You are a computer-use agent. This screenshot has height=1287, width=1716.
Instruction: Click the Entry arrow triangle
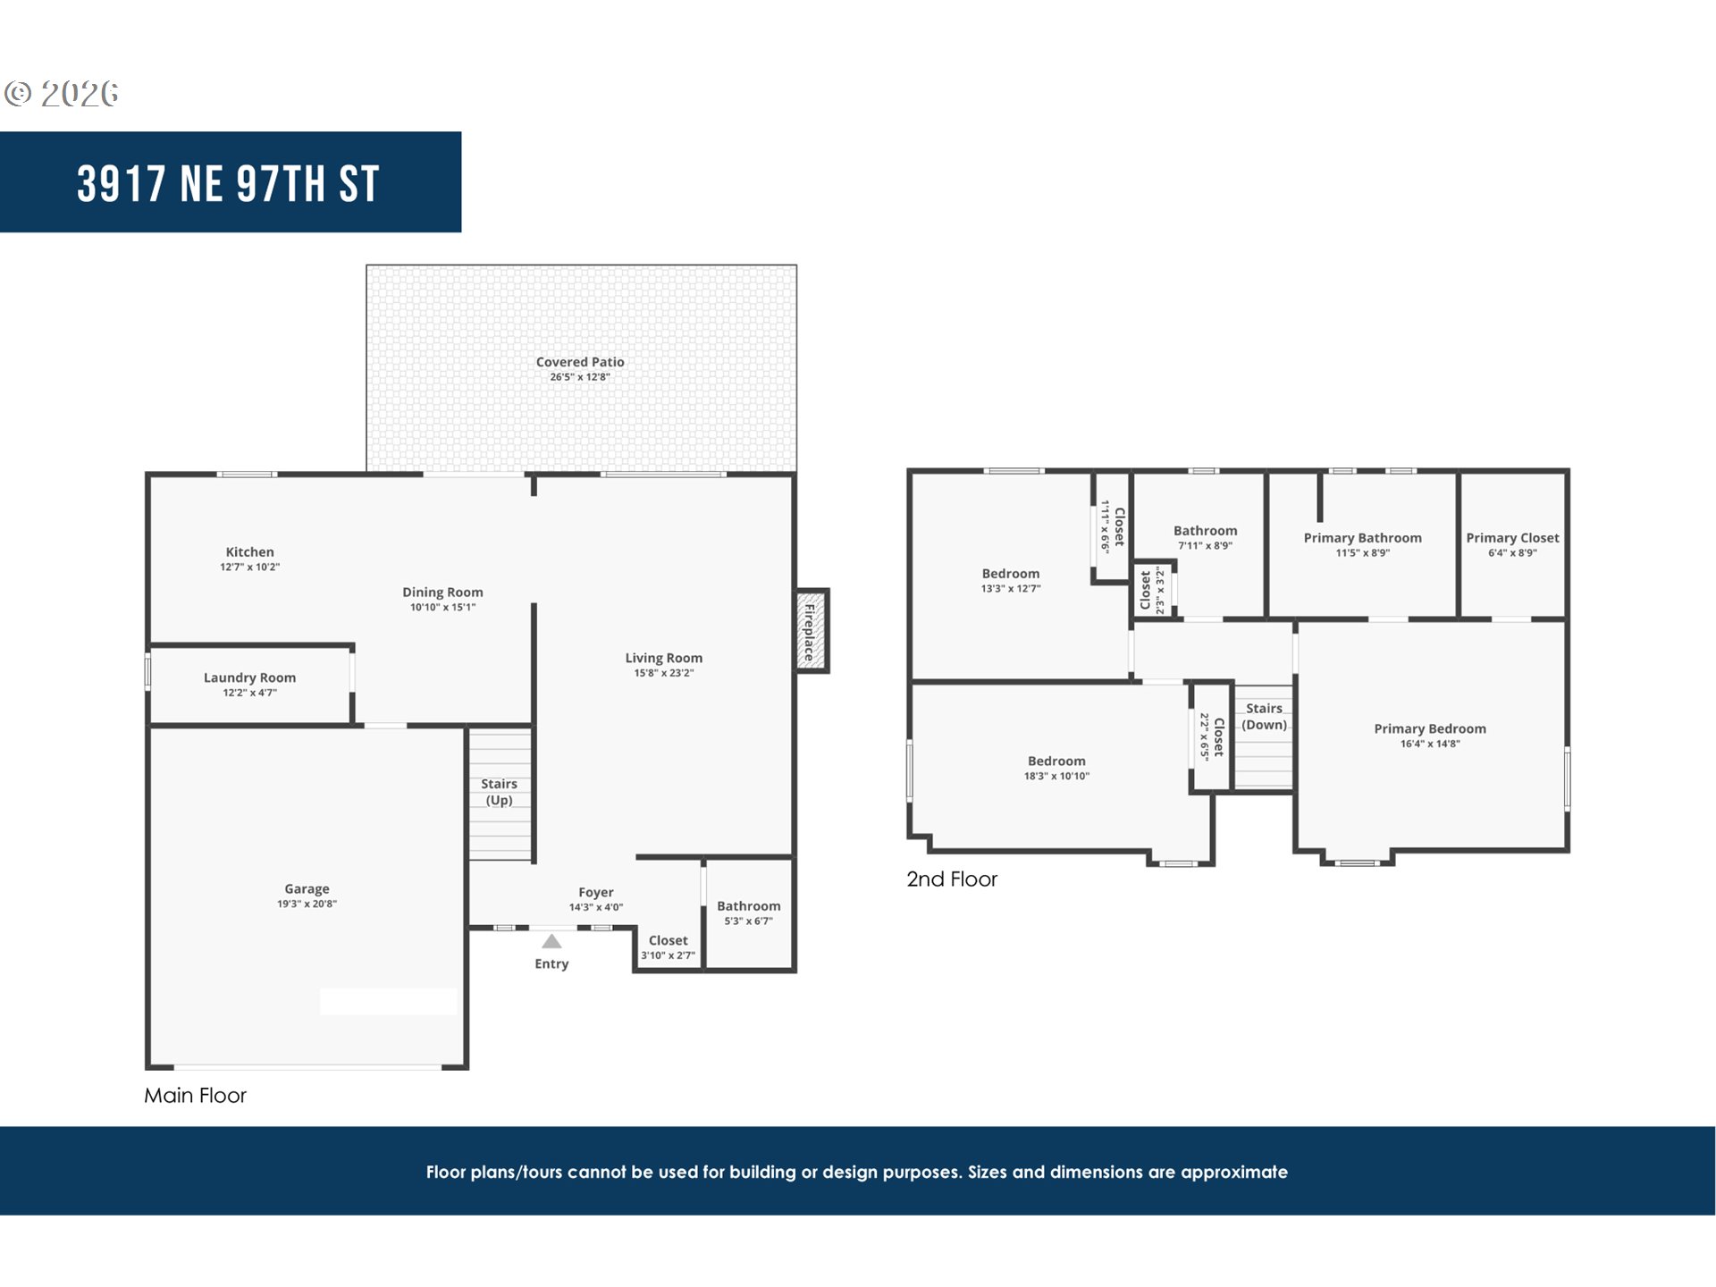pos(551,941)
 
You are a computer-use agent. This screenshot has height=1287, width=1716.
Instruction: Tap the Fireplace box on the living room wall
pos(812,631)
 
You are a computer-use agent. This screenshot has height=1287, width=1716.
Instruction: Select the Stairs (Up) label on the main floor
pos(499,792)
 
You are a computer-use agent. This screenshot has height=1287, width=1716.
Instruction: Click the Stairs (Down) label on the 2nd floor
pos(1264,717)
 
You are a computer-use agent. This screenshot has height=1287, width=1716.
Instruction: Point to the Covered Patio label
pos(580,362)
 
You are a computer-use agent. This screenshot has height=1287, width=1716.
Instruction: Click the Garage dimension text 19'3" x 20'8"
pos(307,904)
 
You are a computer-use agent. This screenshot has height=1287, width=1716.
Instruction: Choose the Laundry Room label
pos(249,677)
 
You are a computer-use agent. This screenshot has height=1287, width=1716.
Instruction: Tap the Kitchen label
pos(249,552)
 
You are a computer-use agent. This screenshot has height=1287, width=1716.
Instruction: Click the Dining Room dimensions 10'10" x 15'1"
pos(442,607)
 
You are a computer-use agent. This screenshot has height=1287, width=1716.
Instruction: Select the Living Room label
pos(663,658)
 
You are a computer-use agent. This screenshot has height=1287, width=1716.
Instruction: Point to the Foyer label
pos(595,892)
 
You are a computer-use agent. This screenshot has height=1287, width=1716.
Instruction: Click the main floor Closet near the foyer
pos(668,946)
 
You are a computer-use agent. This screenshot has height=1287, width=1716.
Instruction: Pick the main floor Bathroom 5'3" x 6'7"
pos(748,913)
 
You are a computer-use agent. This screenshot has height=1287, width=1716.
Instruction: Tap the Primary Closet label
pos(1512,538)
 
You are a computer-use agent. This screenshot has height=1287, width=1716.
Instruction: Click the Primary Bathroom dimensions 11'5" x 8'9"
pos(1362,553)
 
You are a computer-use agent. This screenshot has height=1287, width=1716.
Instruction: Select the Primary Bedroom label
pos(1430,728)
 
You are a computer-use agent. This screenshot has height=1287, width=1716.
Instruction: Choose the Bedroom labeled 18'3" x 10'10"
pos(1056,768)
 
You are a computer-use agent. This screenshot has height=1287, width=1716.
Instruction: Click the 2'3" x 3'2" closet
pos(1153,590)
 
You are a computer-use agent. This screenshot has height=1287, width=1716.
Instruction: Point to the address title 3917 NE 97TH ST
pos(228,183)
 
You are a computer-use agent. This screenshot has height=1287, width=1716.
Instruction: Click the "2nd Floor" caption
pos(952,879)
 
